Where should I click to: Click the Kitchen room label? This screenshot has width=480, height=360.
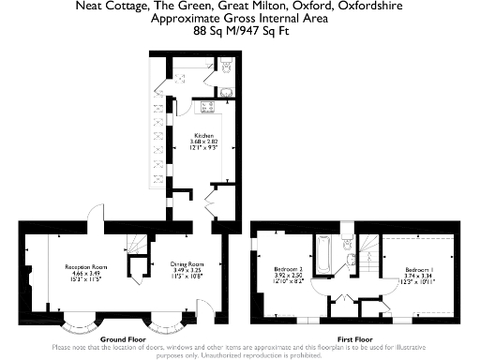[x=204, y=135]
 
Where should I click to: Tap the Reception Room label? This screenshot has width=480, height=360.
[x=82, y=267]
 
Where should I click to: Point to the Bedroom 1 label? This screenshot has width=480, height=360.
[x=419, y=269]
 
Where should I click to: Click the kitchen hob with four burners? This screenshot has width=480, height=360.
[x=204, y=106]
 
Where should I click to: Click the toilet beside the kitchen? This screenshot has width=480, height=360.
[x=227, y=65]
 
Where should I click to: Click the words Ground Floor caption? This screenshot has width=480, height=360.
[x=123, y=338]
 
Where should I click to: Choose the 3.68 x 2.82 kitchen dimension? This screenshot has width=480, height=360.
[x=204, y=142]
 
